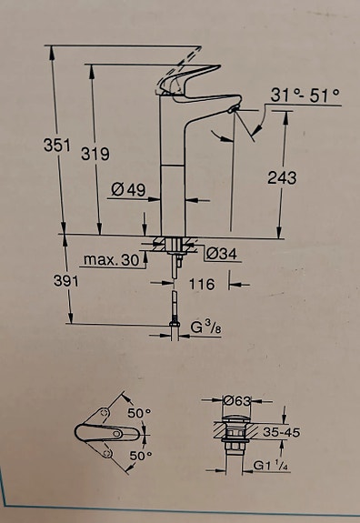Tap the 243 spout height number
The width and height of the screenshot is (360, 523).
(x=282, y=178)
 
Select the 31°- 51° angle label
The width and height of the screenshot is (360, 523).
(x=305, y=94)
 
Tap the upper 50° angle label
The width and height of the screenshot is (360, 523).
(x=139, y=413)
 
